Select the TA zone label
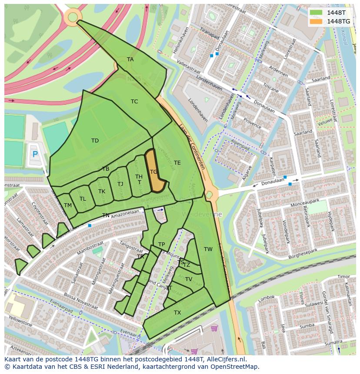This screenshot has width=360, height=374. click(130, 60)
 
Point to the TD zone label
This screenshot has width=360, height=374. click(95, 140)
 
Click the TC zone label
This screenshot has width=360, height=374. click(134, 102)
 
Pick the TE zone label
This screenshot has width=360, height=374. click(177, 163)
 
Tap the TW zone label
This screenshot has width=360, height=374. click(208, 249)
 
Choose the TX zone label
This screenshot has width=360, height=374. click(177, 313)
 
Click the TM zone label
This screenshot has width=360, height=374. click(68, 205)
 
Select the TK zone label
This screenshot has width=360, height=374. click(102, 192)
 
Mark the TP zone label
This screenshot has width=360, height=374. click(162, 245)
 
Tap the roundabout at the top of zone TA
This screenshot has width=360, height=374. click(73, 17)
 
